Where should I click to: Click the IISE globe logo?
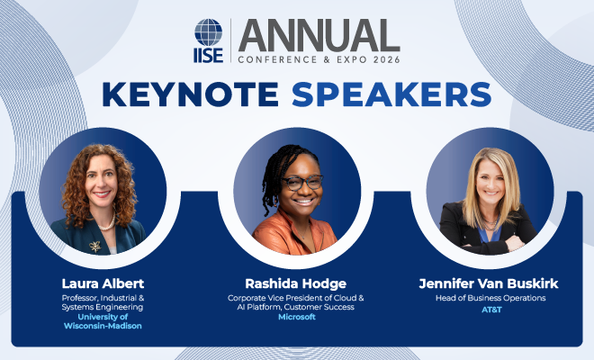209,32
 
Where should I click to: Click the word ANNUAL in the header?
319,35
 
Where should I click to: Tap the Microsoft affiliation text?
297,318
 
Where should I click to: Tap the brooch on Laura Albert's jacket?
93,244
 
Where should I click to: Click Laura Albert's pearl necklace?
105,221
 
